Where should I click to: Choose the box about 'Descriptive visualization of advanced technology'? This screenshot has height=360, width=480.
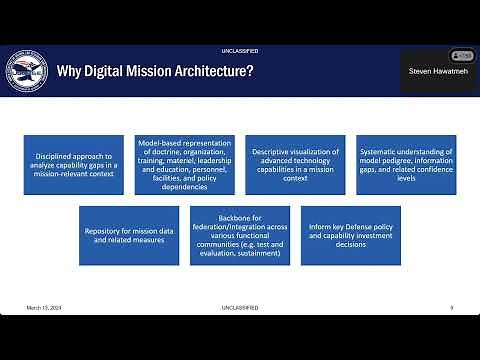click(297, 165)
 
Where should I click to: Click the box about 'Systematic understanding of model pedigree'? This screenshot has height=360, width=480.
click(407, 165)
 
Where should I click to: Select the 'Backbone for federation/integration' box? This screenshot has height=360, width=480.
click(240, 236)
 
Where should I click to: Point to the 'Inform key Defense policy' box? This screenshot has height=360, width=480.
click(351, 236)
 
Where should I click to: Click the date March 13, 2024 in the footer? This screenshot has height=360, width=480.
click(45, 307)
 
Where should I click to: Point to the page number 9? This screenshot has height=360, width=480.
click(452, 307)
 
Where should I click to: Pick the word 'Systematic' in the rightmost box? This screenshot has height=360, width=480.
click(381, 151)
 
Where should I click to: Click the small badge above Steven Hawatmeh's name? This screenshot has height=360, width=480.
click(461, 55)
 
